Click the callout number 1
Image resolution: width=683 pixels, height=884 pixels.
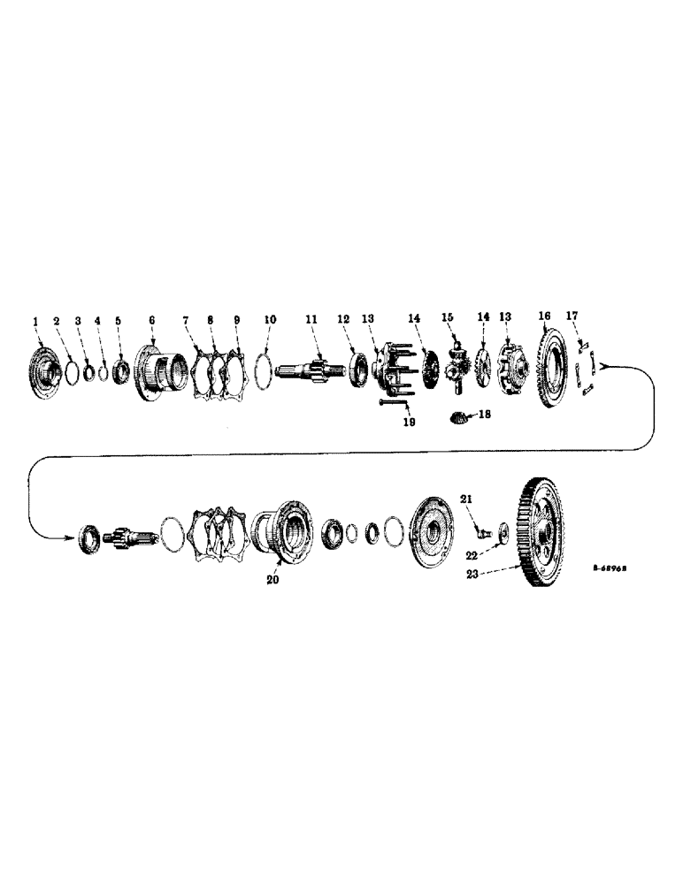pyautogui.click(x=36, y=320)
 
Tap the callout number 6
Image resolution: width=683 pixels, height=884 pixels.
pyautogui.click(x=150, y=320)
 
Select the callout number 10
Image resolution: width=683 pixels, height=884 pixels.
pyautogui.click(x=271, y=319)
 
